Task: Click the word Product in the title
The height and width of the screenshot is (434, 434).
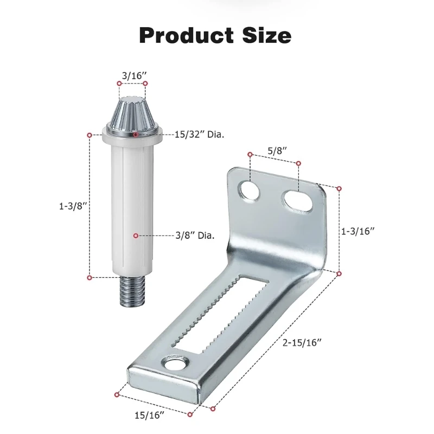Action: [x=187, y=35]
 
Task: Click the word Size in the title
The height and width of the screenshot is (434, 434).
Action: [x=267, y=35]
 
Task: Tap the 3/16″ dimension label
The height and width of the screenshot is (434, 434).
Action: [x=134, y=75]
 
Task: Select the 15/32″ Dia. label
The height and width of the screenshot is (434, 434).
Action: [x=199, y=135]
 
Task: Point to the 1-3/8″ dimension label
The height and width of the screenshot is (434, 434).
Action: [x=73, y=206]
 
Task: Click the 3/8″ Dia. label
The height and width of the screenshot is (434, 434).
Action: [x=195, y=235]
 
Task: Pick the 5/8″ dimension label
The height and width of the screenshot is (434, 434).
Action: [x=277, y=151]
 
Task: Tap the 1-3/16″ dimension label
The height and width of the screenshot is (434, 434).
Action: [x=358, y=231]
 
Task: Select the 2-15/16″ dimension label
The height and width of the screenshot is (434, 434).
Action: [x=302, y=343]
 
